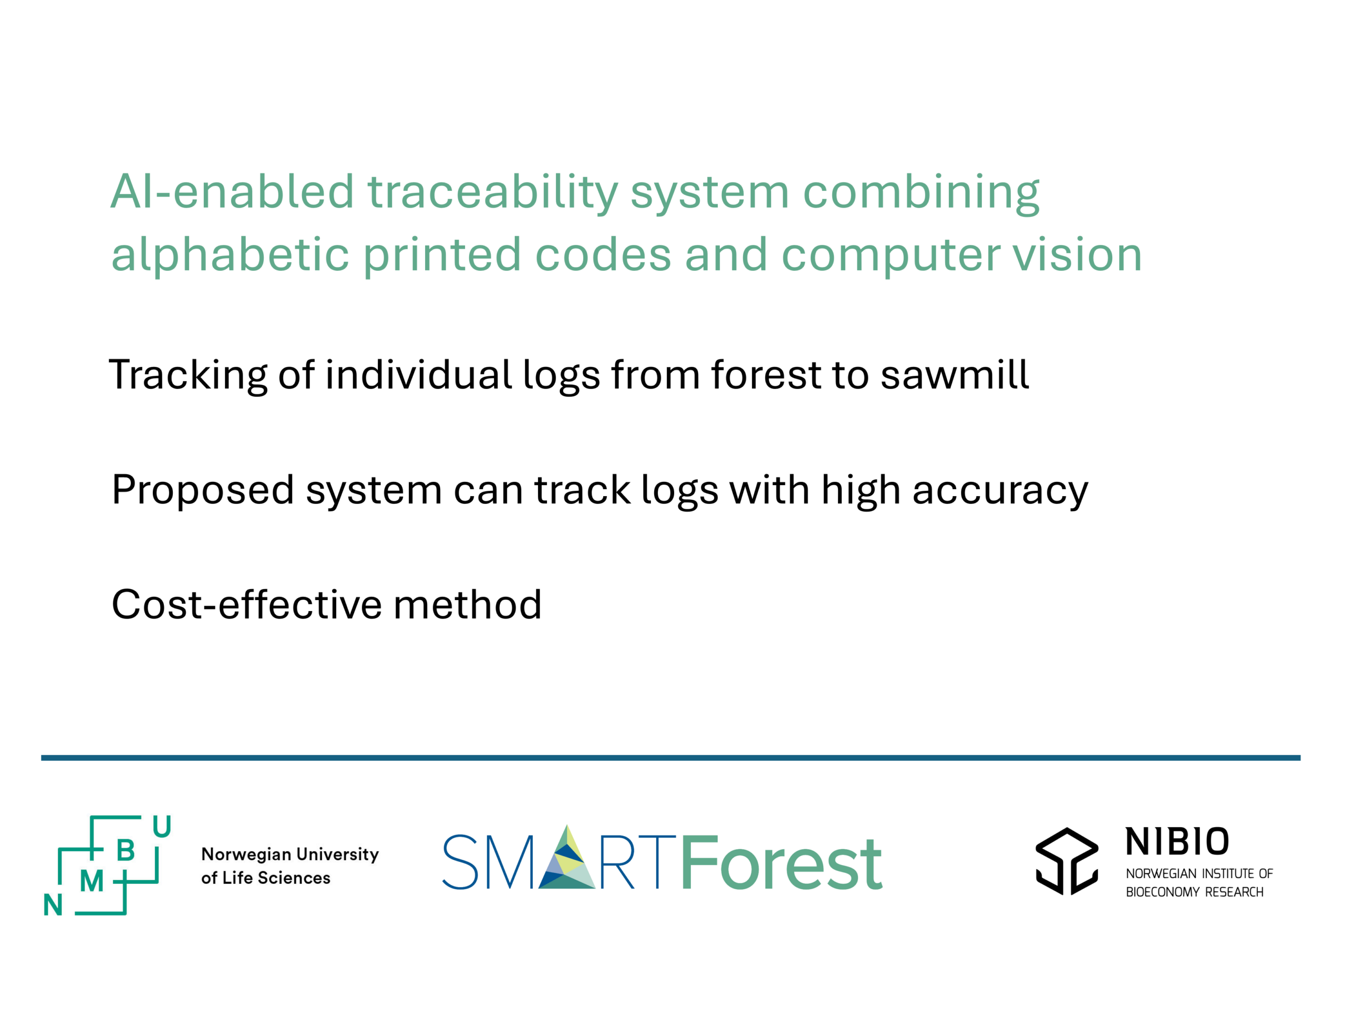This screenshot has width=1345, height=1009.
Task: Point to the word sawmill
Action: (955, 375)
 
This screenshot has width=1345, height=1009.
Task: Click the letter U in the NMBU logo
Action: (162, 827)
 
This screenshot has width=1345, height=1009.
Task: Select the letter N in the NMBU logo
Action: (53, 905)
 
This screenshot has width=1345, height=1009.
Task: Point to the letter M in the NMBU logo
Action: (92, 881)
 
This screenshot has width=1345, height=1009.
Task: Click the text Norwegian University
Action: (290, 855)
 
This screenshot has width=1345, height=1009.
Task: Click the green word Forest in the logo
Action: (781, 862)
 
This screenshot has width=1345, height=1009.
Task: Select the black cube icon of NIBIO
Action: (1067, 861)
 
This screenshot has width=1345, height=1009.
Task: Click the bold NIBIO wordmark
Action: (1176, 842)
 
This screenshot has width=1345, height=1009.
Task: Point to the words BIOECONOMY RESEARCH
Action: (1194, 892)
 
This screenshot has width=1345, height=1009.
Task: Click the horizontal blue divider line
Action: (671, 758)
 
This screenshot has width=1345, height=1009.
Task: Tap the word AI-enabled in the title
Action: (232, 192)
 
